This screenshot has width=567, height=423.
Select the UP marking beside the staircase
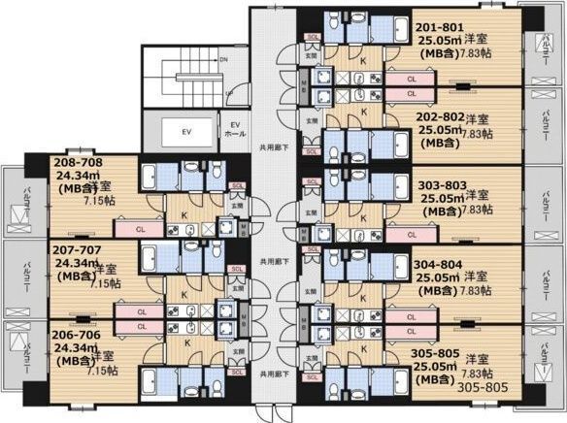(228, 93)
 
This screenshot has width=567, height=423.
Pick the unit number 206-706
(76, 333)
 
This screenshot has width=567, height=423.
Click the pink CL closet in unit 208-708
(141, 231)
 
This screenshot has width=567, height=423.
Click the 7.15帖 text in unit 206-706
(102, 370)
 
